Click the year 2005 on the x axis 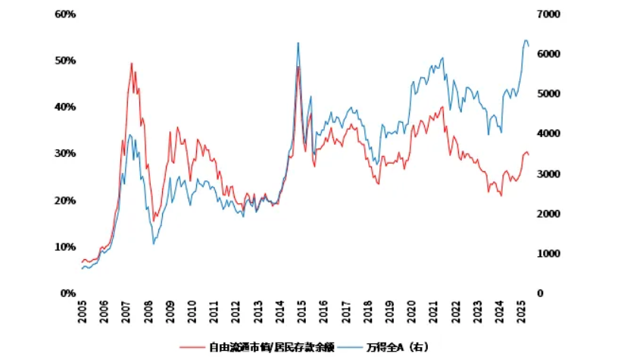83,311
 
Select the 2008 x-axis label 148,311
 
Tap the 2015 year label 302,311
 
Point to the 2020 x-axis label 412,311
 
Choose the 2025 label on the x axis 522,311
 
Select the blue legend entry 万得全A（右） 398,346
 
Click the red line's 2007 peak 131,64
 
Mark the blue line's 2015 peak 298,43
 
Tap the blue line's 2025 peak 526,40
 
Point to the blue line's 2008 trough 154,243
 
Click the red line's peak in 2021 442,107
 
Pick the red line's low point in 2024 501,196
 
